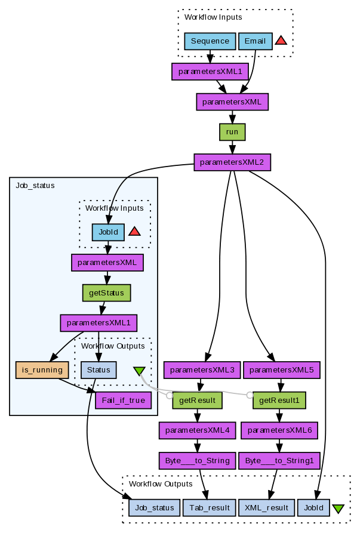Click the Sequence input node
point(210,41)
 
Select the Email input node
point(256,41)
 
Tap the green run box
point(232,132)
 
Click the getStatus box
point(106,292)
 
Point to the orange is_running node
point(42,369)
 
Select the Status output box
point(99,369)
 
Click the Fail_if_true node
point(123,400)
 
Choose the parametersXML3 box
point(202,370)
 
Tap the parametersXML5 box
point(282,370)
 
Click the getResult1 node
point(279,400)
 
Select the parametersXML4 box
point(197,430)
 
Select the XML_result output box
point(266,507)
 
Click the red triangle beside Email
point(281,41)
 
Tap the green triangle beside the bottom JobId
point(338,509)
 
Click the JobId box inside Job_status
point(108,232)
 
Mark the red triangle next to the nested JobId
point(134,232)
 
